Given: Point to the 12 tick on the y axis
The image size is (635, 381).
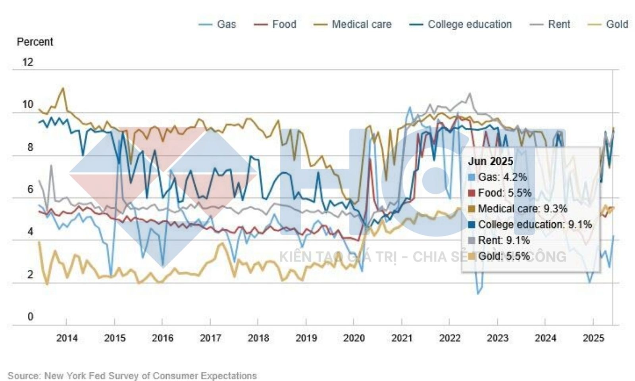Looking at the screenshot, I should point(28,62).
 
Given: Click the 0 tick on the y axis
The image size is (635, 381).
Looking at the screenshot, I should point(30,317).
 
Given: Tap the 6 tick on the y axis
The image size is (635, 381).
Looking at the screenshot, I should point(30,190).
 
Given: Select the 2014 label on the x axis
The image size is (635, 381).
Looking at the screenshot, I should point(67,338).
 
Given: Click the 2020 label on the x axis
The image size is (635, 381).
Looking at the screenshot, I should point(354,338).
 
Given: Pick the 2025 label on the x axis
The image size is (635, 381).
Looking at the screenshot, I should point(593,338).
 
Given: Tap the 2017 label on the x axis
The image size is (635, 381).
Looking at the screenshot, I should point(210,338).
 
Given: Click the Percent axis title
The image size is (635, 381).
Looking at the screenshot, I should point(35,42).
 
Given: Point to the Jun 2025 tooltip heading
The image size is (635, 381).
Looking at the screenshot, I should point(491,162).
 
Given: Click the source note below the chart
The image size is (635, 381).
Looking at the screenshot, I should point(132,375).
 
